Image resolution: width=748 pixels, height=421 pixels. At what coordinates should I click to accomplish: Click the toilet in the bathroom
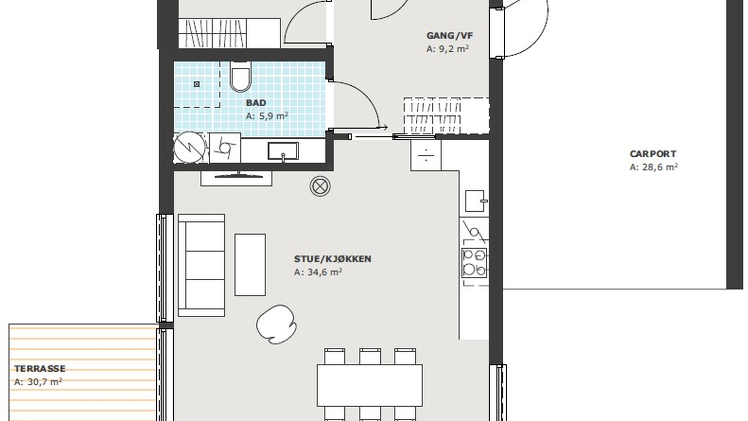click(x=240, y=76)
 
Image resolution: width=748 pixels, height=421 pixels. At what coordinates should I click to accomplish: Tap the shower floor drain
click(x=197, y=84)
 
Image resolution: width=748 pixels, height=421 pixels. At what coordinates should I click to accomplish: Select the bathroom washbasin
click(x=283, y=151)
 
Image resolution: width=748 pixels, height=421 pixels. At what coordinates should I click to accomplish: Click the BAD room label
click(x=256, y=103)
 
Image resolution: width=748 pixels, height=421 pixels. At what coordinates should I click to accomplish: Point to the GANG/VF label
click(x=450, y=36)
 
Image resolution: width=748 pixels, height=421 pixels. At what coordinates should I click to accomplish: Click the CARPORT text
click(x=653, y=154)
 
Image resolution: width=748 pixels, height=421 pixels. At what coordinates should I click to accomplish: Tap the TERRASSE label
click(x=40, y=369)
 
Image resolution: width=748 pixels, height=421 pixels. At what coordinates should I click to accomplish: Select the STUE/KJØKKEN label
click(x=333, y=259)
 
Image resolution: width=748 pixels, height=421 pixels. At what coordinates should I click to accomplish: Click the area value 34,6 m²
click(x=318, y=272)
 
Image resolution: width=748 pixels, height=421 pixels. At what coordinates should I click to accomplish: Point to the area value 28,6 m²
click(x=654, y=167)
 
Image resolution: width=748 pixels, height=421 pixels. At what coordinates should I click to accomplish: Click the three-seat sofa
click(x=201, y=265)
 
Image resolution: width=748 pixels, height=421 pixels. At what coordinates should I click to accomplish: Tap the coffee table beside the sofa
click(x=250, y=265)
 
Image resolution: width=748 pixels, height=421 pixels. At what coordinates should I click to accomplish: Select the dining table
click(x=370, y=386)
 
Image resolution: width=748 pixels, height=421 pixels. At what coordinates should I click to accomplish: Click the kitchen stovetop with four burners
click(x=474, y=263)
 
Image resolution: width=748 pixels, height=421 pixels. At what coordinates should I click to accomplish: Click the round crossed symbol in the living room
click(x=320, y=186)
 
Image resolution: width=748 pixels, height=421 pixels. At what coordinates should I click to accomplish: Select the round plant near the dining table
click(x=276, y=324)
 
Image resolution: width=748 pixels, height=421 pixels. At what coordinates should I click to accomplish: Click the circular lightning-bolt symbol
click(x=189, y=148)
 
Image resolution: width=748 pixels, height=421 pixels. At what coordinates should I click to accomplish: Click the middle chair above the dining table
click(x=370, y=356)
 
